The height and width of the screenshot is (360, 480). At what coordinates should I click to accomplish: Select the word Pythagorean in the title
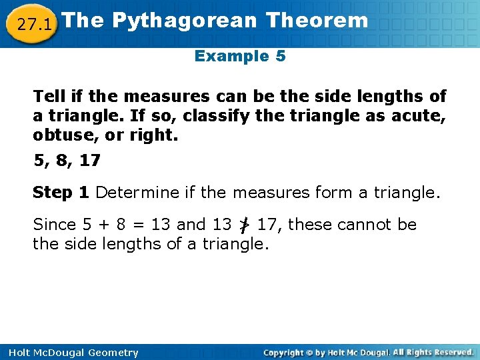184,20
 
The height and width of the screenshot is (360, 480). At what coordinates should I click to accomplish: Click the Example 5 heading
240,56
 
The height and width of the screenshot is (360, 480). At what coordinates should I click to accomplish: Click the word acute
422,115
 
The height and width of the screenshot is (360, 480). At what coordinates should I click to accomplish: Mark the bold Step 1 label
61,193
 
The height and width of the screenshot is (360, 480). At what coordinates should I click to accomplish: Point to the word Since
54,225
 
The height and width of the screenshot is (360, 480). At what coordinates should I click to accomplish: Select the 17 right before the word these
267,225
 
